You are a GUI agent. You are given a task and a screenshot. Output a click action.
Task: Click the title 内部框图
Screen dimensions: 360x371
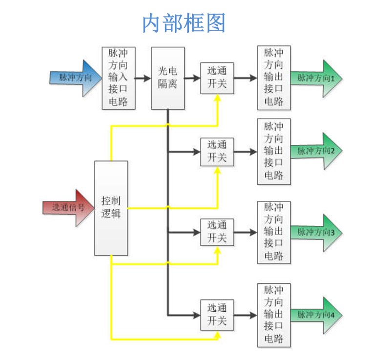click(x=184, y=23)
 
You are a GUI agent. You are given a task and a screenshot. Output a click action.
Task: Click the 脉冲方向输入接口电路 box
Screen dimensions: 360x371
click(x=119, y=78)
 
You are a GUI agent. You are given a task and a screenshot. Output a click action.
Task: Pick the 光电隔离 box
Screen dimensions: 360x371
click(x=168, y=78)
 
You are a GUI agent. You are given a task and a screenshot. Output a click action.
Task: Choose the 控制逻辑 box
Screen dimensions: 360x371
click(x=111, y=208)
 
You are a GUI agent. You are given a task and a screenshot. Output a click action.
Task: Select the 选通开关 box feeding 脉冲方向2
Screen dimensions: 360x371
click(x=217, y=152)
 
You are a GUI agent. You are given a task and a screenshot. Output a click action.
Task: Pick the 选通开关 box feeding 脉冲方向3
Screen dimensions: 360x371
click(x=217, y=233)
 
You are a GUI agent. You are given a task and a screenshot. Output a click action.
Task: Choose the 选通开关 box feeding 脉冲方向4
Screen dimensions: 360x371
click(x=217, y=315)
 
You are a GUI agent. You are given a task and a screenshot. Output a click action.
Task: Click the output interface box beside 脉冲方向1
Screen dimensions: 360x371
click(x=274, y=78)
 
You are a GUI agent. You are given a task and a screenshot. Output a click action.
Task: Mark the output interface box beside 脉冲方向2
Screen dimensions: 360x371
click(x=274, y=151)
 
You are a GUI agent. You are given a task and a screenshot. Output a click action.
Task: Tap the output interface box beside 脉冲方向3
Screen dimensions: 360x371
click(x=274, y=232)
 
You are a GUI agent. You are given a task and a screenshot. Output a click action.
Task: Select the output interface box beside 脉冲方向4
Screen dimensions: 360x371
click(x=274, y=315)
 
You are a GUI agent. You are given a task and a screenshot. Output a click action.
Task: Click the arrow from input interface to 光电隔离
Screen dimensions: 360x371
click(x=143, y=78)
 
